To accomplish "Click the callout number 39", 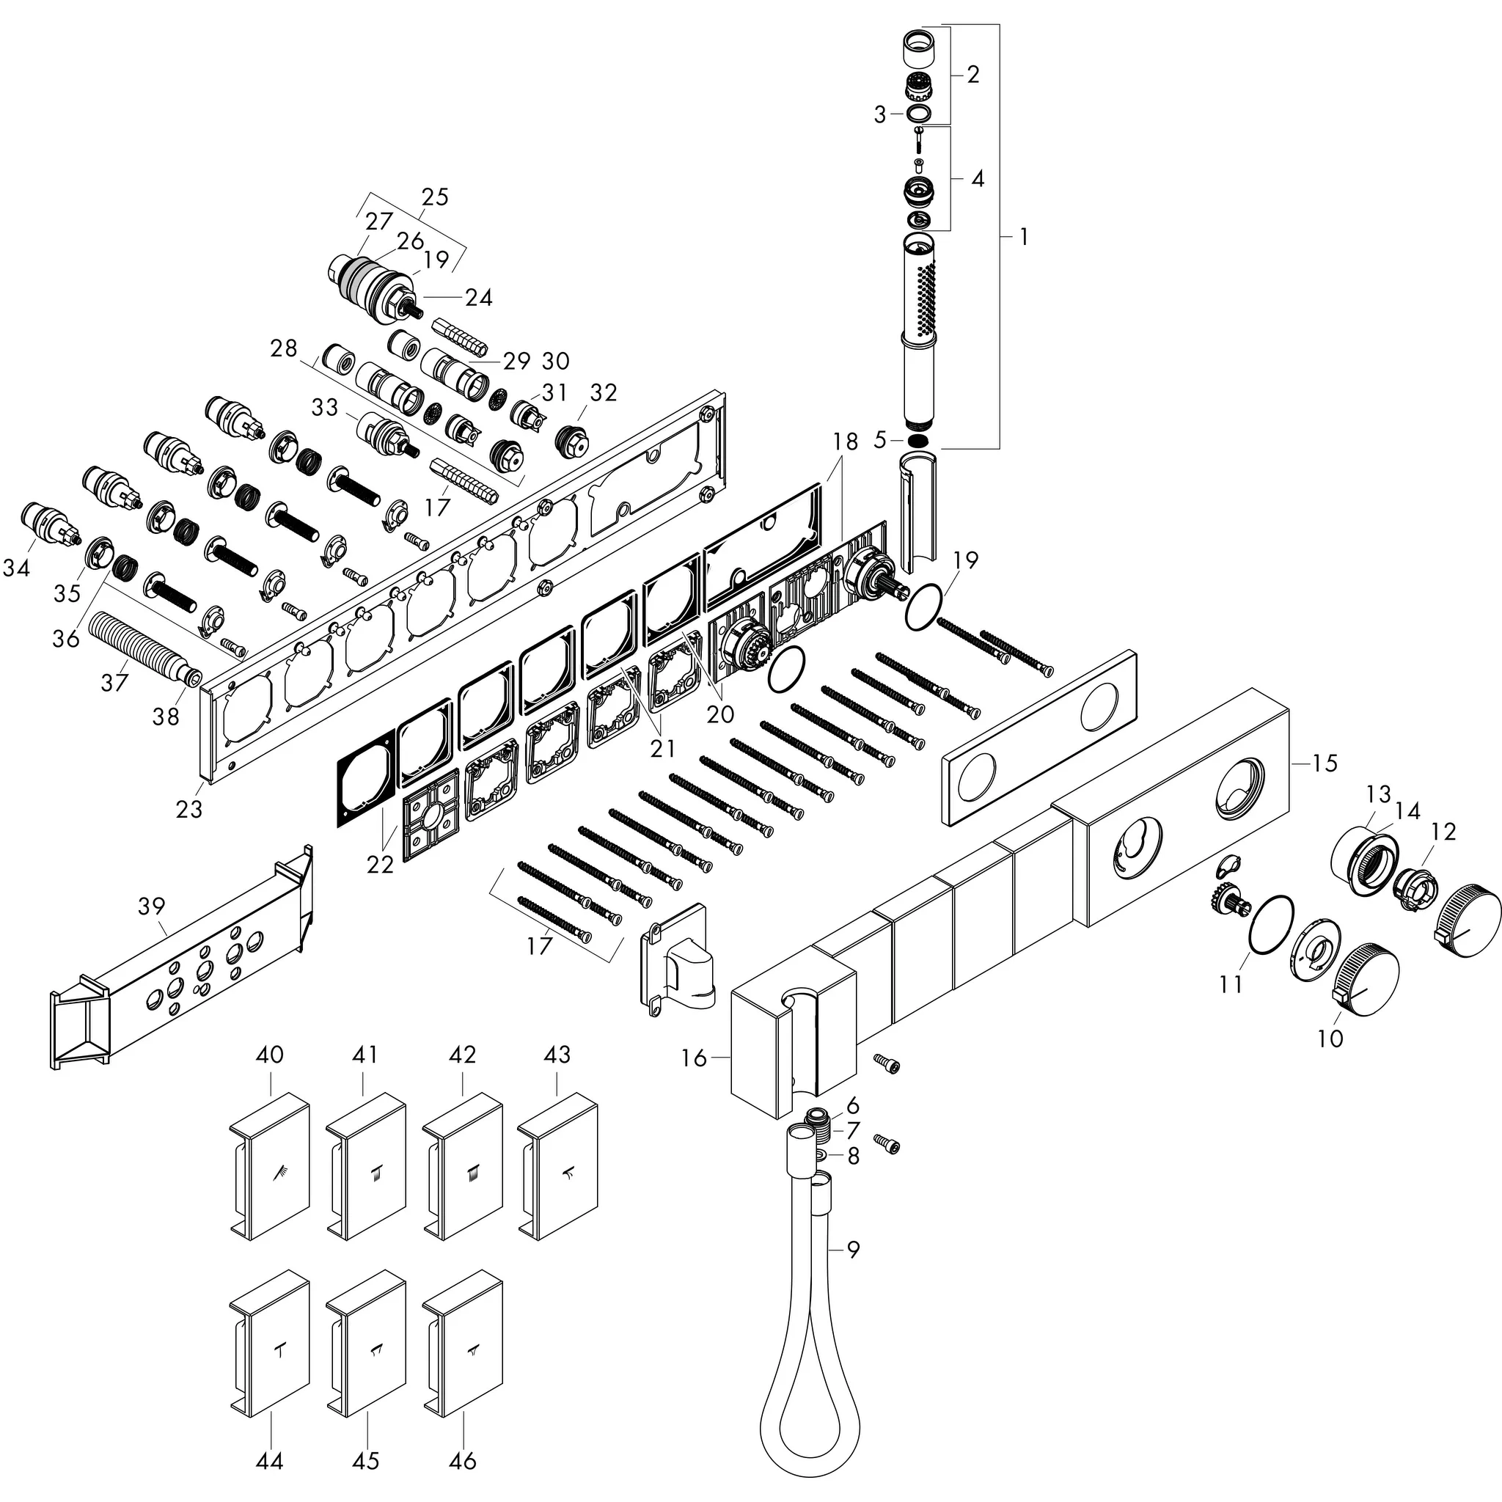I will pos(152,906).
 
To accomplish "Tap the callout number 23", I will pos(189,810).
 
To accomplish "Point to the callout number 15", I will pos(1325,763).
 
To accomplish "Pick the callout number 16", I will pos(695,1058).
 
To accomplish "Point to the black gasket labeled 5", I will pos(918,441).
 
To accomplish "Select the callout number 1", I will pos(1024,236).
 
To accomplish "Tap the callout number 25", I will pos(435,197).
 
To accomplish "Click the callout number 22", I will pos(380,864).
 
